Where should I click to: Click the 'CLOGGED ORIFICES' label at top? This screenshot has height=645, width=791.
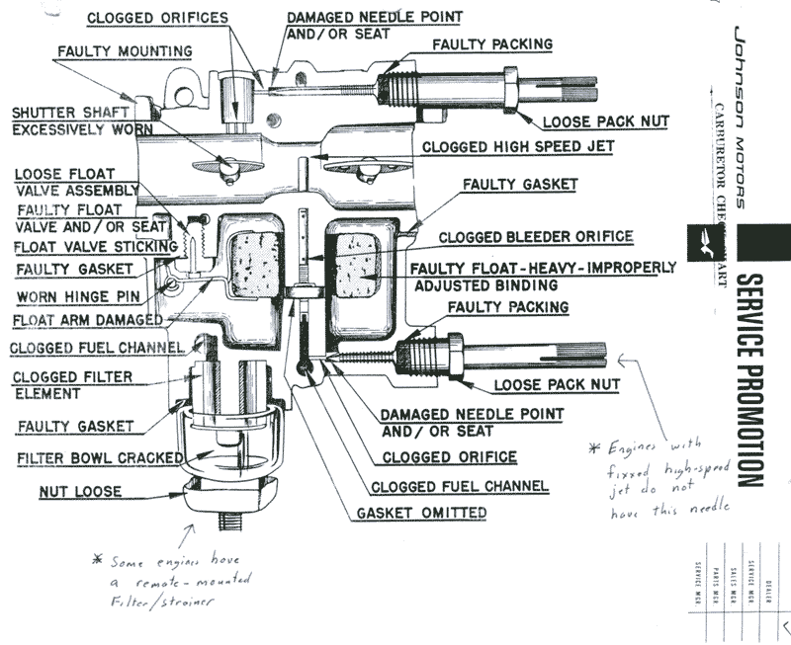pyautogui.click(x=157, y=18)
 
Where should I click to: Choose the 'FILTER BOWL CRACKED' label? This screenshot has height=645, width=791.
pyautogui.click(x=99, y=458)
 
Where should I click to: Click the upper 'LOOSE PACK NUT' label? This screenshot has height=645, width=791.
pyautogui.click(x=605, y=121)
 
